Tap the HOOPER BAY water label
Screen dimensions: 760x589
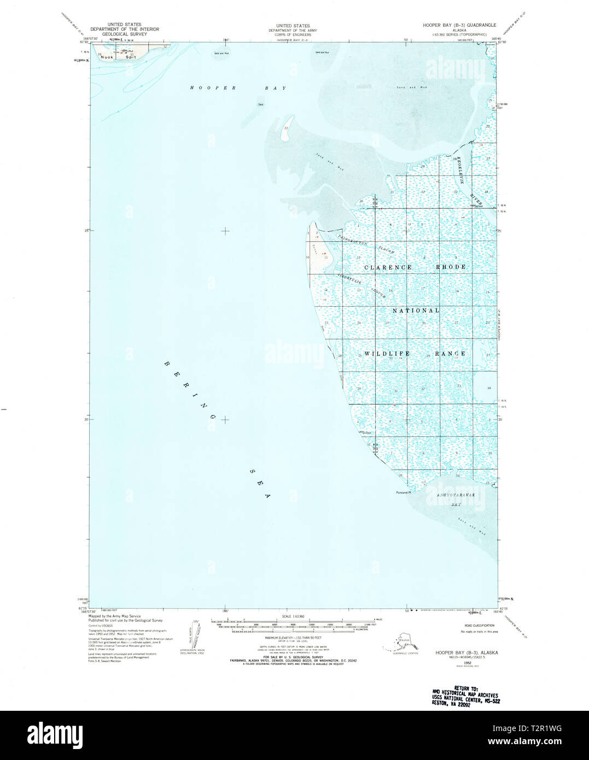click(x=237, y=88)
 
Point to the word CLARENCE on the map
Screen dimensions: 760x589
click(x=388, y=267)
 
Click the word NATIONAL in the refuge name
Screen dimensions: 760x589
click(x=416, y=311)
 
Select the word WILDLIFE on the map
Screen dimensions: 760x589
click(x=387, y=354)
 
